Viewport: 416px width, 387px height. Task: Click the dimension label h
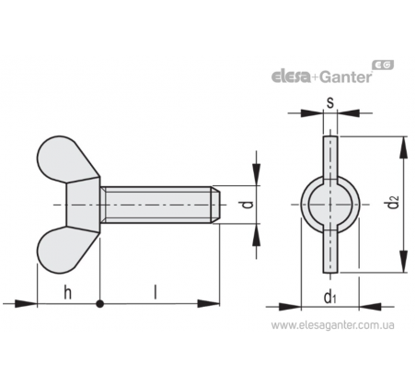68,292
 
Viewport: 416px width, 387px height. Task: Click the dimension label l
156,292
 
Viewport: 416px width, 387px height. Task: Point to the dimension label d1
330,296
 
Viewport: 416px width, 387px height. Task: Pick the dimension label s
330,102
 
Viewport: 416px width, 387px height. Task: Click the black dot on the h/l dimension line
99,304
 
